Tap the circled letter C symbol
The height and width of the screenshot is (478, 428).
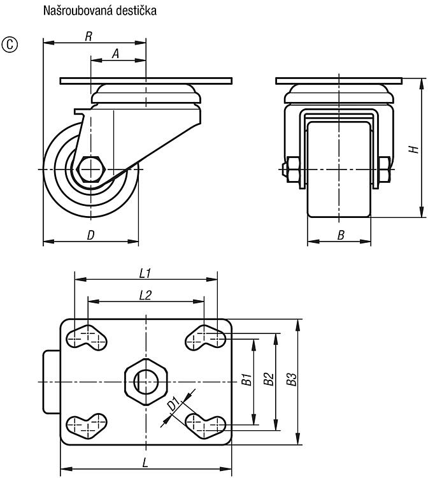click(x=10, y=45)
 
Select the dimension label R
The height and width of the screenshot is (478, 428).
click(x=89, y=36)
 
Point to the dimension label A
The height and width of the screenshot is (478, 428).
click(x=115, y=54)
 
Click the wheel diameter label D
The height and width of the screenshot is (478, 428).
click(x=90, y=235)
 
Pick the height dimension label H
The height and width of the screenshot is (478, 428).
click(x=414, y=149)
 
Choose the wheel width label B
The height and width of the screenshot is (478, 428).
click(x=341, y=235)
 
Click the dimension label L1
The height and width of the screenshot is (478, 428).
click(x=145, y=273)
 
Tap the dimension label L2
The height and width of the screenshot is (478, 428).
click(x=145, y=295)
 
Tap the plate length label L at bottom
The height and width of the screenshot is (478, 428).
click(x=145, y=463)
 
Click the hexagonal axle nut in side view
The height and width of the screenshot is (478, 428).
click(x=90, y=170)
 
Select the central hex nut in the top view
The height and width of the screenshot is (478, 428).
click(x=146, y=382)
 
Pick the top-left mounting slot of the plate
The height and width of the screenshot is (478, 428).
click(x=87, y=337)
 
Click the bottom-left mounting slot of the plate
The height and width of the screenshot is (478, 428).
click(x=87, y=426)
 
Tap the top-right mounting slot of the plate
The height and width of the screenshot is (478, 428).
click(x=206, y=337)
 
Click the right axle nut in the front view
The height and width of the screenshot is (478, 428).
click(x=385, y=170)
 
